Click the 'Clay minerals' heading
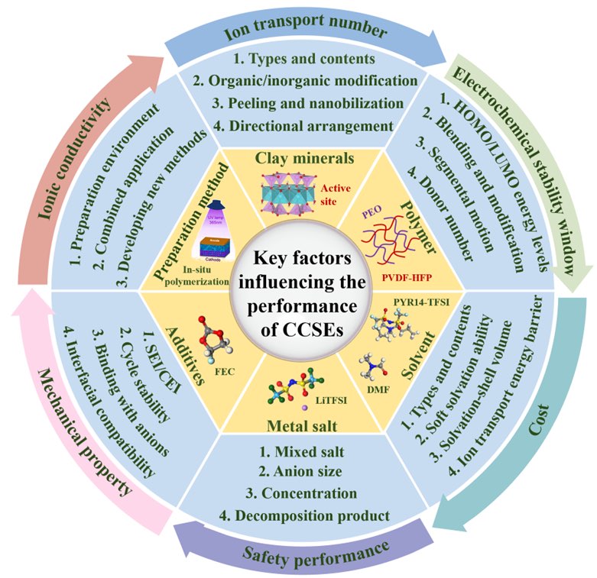299,159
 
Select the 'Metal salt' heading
300,422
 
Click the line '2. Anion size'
300,472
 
